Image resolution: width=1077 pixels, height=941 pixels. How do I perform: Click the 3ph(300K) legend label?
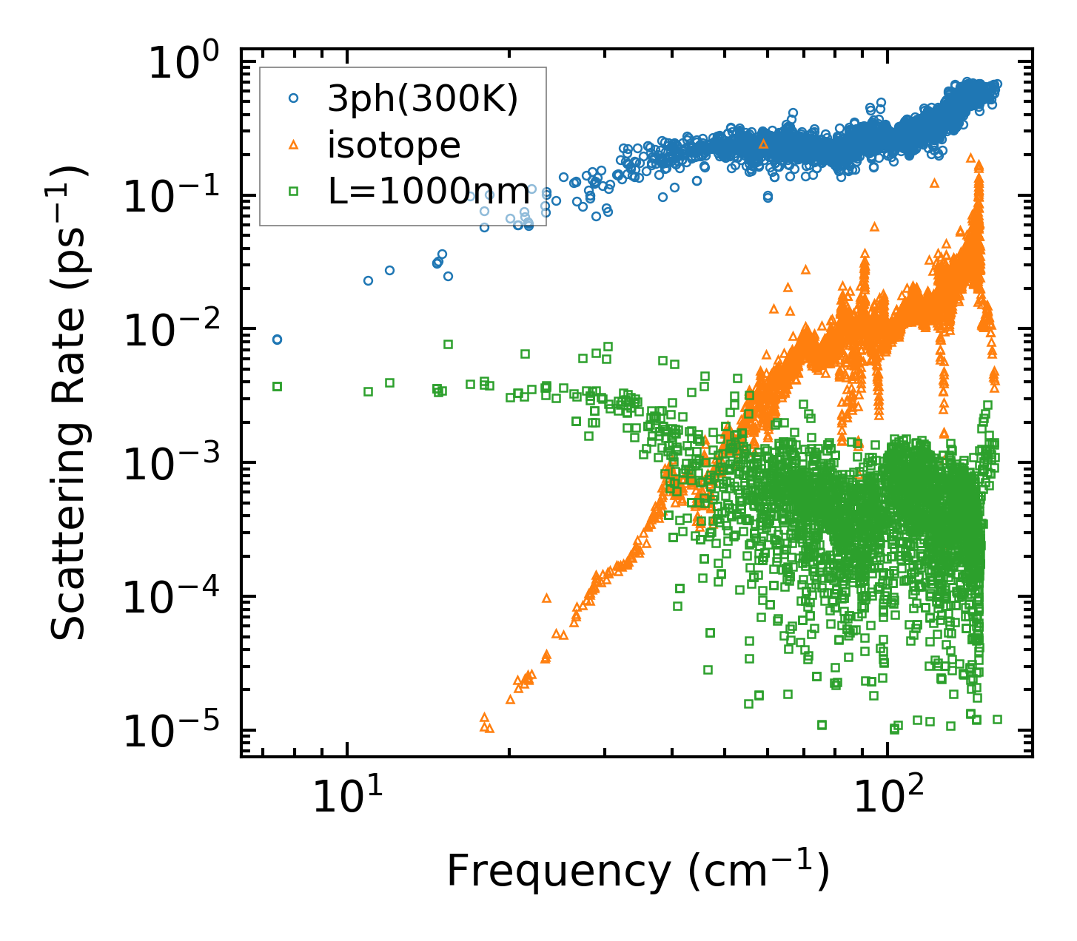tap(423, 100)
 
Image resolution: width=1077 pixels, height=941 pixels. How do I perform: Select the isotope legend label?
tap(394, 146)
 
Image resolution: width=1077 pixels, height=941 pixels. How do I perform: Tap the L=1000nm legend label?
tap(429, 192)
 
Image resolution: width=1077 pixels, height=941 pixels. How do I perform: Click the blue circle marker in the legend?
tap(293, 98)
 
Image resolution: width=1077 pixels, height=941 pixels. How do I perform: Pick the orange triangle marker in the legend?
tap(293, 145)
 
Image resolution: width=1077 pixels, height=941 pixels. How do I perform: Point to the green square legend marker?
tap(293, 191)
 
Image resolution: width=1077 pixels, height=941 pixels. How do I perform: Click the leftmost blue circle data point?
tap(277, 340)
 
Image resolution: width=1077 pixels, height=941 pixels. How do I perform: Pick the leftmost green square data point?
tap(277, 386)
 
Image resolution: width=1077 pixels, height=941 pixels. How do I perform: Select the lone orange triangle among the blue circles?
tap(764, 144)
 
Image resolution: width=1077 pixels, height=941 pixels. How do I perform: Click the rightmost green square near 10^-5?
tap(997, 719)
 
